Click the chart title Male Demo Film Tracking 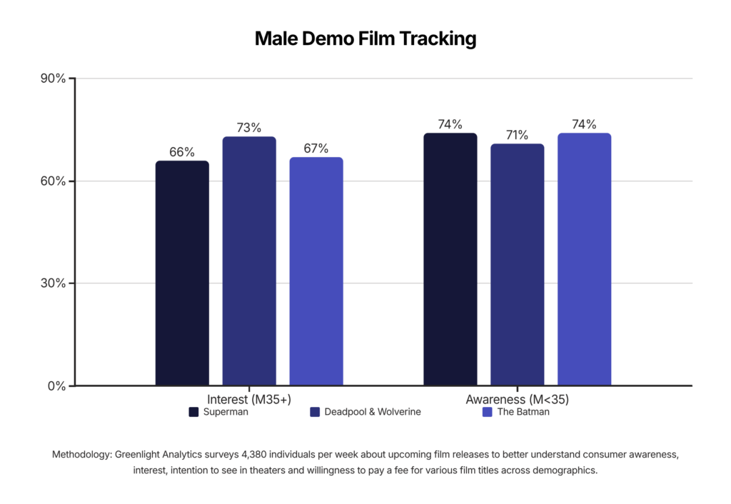[365, 39]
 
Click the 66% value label [182, 152]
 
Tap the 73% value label [249, 128]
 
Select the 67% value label [316, 148]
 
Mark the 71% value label [518, 135]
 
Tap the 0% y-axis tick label [57, 386]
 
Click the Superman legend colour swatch [193, 412]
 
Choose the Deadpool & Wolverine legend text [373, 412]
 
